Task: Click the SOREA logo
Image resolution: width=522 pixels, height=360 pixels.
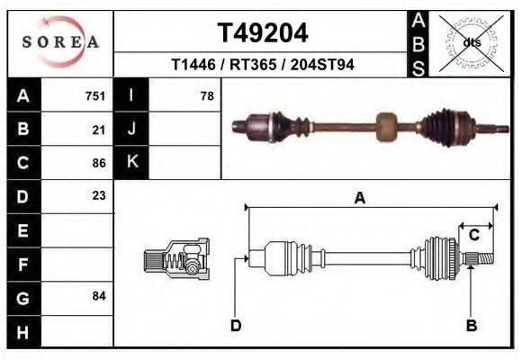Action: coord(60,41)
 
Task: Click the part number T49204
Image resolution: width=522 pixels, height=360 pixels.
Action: coord(263,33)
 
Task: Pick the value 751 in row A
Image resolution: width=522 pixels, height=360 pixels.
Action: coord(95,95)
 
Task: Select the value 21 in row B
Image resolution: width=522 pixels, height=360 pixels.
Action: coord(99,130)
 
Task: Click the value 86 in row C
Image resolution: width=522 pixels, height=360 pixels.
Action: coord(99,163)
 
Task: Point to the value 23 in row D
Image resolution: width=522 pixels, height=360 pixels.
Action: coord(99,195)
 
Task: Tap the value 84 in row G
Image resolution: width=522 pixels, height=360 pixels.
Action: coord(99,296)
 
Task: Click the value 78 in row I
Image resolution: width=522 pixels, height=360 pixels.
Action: coord(206,95)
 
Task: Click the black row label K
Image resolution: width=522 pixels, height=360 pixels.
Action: coord(131,162)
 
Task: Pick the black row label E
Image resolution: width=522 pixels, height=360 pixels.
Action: coord(23,230)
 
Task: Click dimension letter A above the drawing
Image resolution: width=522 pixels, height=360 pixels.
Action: coord(359,199)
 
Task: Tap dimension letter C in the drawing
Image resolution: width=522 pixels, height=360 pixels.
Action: coord(473,235)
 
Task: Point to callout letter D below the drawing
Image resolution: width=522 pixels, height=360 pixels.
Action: coord(236,325)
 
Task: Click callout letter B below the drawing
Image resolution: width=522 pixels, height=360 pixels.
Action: coord(471,325)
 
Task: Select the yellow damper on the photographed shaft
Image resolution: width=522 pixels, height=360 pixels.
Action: coord(386,126)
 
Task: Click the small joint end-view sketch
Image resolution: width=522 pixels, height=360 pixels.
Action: coord(177,258)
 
